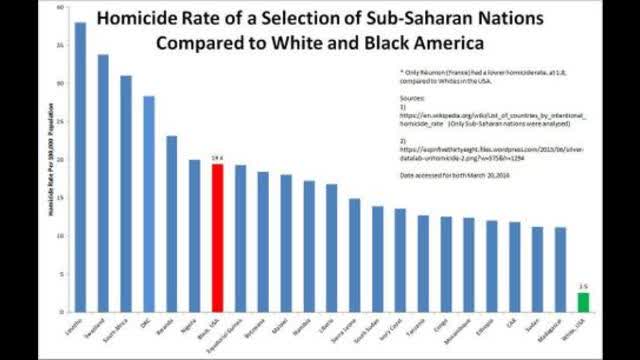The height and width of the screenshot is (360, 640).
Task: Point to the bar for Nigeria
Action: [x=194, y=234]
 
